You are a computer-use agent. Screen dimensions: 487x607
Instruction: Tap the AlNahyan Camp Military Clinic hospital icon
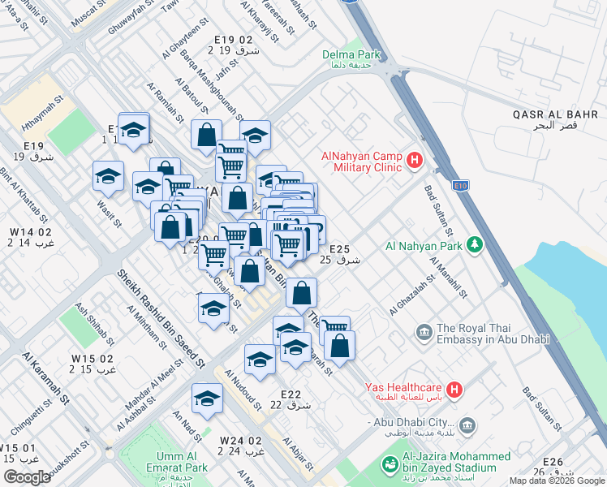415,160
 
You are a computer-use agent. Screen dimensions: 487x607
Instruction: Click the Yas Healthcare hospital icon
454,391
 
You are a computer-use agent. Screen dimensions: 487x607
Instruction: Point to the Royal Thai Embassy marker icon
423,332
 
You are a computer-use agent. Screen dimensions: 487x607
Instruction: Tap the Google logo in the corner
27,476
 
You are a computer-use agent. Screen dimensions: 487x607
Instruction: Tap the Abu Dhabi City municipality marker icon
467,424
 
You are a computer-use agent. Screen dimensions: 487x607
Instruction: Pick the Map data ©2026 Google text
556,481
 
